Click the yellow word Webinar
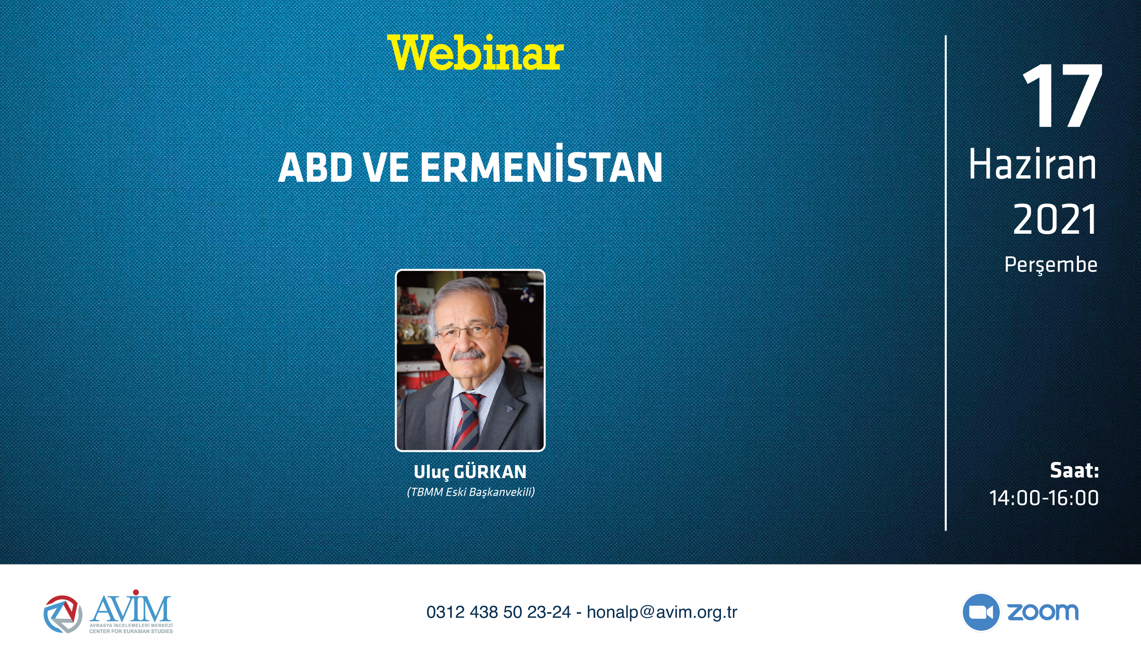point(475,53)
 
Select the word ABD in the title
point(315,167)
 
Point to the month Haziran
point(1032,164)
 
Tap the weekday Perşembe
point(1051,265)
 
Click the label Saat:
point(1074,470)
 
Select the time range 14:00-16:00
point(1044,498)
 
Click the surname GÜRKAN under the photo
point(490,472)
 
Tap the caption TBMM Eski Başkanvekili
point(471,492)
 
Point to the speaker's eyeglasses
point(467,331)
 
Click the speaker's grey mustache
point(467,355)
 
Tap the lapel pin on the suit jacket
point(509,408)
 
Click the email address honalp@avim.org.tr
point(662,612)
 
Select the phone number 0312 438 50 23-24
point(499,612)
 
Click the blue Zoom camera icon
point(981,612)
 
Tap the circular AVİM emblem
point(63,614)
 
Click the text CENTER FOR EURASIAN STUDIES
point(131,631)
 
